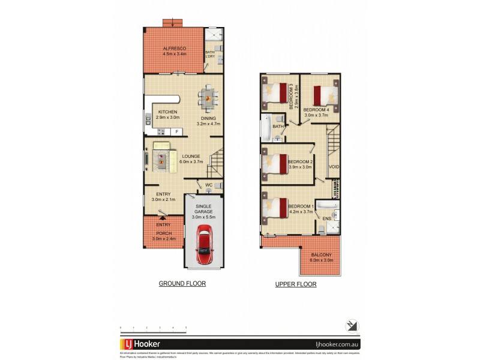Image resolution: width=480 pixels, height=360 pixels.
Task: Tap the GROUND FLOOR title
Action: click(182, 283)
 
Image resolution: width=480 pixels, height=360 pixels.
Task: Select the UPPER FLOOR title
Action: click(295, 284)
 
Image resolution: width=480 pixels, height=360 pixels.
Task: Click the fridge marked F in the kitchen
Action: click(176, 131)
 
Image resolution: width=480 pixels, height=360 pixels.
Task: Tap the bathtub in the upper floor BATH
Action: click(265, 128)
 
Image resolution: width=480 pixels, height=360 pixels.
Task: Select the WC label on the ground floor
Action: click(209, 184)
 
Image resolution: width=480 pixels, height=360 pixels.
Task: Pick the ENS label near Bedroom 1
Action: click(327, 218)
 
